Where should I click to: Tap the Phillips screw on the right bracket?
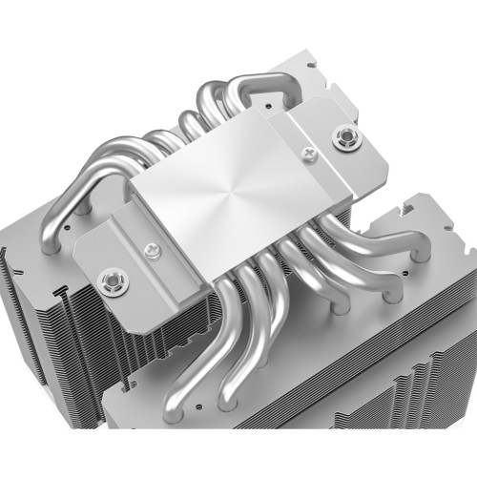(309, 152)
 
